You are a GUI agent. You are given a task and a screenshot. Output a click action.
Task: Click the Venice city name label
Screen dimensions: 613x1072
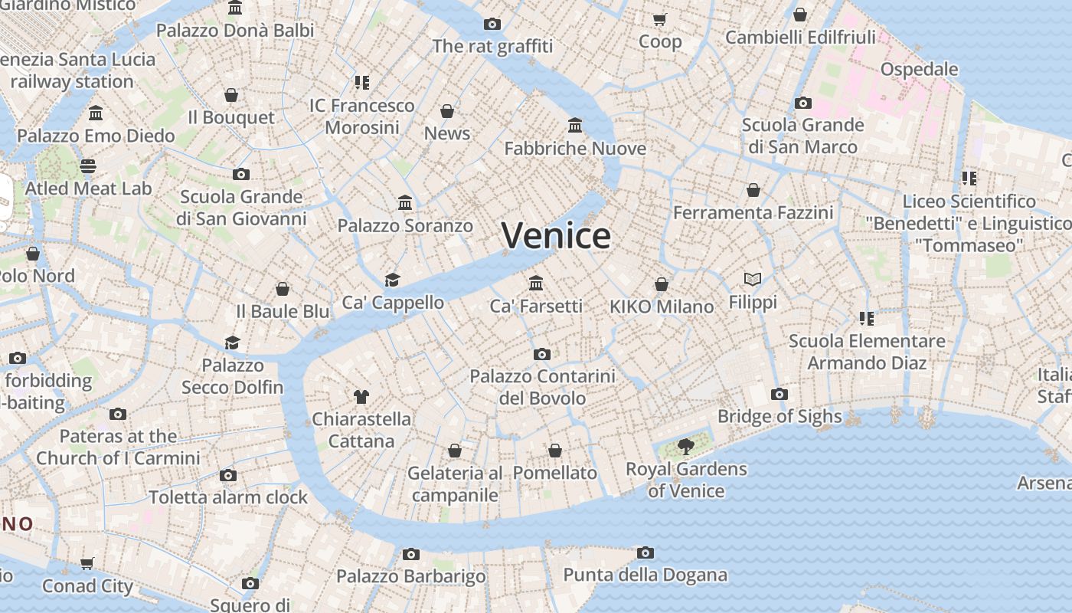point(557,234)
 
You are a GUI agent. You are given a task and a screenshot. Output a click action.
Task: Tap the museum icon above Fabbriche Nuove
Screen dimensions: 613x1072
point(575,125)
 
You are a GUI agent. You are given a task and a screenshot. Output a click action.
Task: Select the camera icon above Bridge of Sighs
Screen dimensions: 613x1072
point(779,394)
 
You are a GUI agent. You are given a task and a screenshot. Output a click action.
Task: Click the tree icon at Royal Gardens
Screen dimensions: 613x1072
point(686,446)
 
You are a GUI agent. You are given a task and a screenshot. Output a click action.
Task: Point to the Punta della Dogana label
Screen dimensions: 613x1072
point(645,575)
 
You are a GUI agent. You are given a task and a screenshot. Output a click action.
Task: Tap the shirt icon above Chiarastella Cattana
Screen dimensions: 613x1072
point(361,396)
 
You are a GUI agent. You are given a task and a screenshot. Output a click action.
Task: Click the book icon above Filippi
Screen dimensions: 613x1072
point(753,280)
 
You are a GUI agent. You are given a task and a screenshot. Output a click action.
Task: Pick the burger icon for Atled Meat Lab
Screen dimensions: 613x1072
point(88,166)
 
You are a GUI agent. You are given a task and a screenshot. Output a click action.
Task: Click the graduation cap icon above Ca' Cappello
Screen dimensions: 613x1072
point(393,280)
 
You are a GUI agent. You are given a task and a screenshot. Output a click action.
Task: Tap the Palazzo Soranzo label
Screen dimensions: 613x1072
point(405,226)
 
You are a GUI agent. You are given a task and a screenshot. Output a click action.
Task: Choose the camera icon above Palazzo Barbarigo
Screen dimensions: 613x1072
point(411,554)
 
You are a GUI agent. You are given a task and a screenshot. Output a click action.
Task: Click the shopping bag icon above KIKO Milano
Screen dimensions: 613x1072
point(662,284)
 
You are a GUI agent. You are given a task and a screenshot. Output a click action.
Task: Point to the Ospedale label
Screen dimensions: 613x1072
point(919,69)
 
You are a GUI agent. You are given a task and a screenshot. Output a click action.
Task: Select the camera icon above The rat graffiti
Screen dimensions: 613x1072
point(492,24)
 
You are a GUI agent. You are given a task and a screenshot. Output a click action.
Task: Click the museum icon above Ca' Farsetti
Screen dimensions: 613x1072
point(536,283)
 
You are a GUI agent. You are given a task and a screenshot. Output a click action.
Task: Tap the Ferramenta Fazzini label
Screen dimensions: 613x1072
point(753,212)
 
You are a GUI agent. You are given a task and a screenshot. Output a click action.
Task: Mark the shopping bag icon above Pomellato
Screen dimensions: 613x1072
point(555,451)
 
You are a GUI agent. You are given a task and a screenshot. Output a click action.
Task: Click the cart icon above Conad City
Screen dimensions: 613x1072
point(87,563)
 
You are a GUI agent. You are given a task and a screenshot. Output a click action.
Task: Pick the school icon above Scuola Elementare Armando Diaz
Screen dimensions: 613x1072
point(867,318)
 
